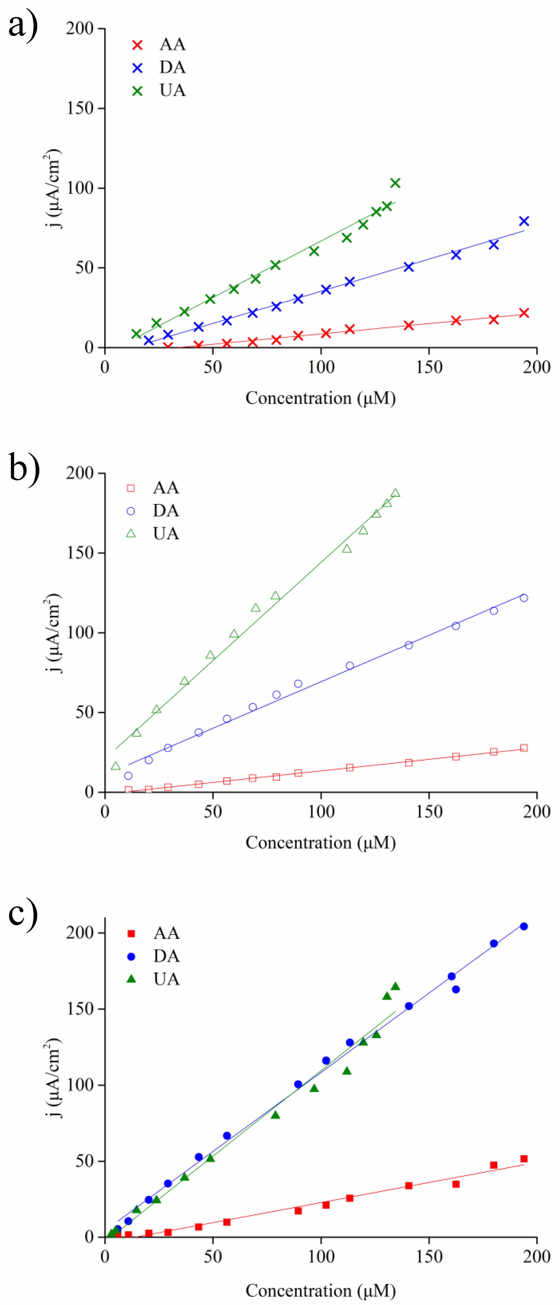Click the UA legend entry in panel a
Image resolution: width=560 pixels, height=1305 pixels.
pos(160,91)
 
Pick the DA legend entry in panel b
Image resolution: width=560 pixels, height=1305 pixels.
pos(153,511)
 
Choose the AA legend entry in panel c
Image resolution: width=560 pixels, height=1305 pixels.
pos(153,933)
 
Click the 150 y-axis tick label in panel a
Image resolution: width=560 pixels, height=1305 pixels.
pos(80,108)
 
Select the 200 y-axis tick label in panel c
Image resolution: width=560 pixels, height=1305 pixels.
pos(80,933)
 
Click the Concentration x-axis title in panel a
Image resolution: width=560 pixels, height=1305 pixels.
pos(320,398)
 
